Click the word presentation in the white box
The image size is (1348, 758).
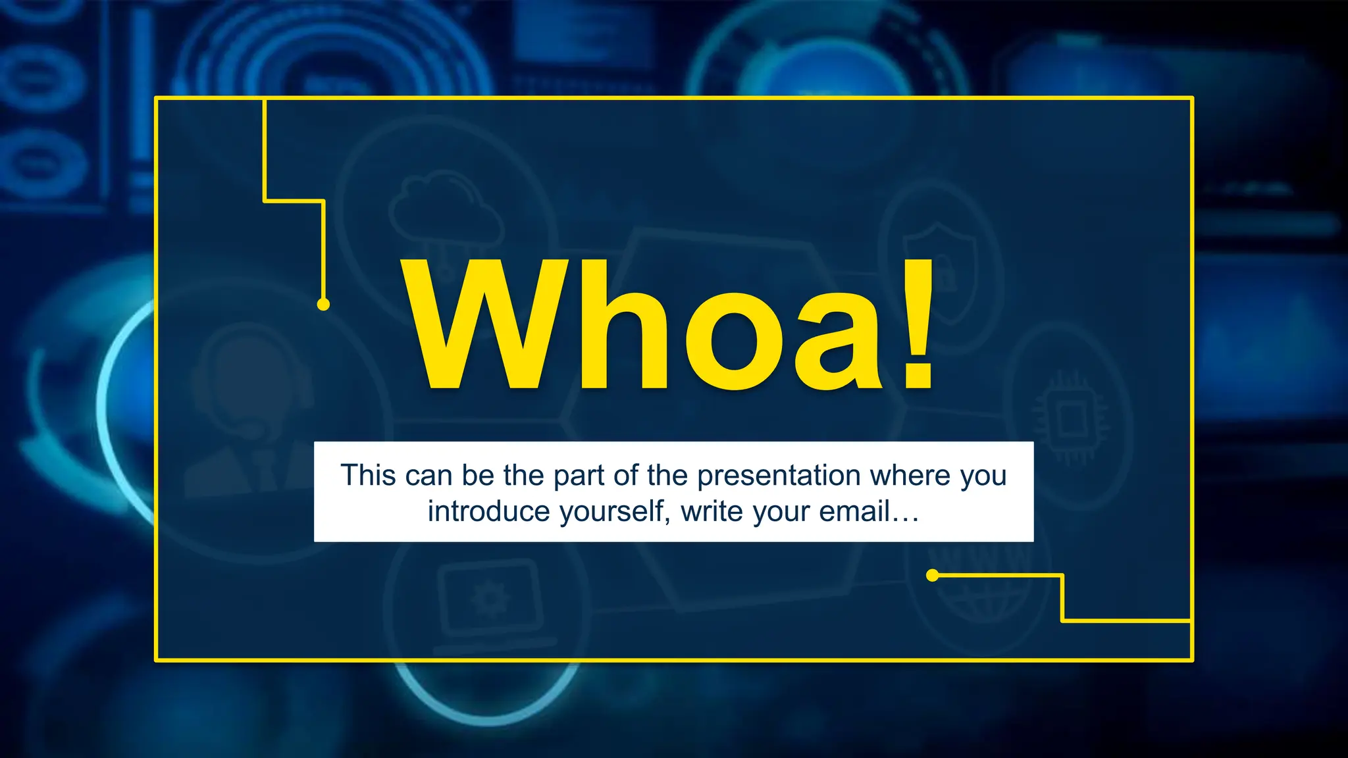(x=778, y=476)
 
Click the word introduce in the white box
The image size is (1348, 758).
(x=489, y=511)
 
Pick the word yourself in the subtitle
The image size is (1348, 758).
(x=615, y=511)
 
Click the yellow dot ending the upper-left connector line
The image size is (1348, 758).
(x=323, y=304)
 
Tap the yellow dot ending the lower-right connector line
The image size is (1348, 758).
(x=932, y=576)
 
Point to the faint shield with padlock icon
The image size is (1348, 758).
(x=941, y=270)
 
